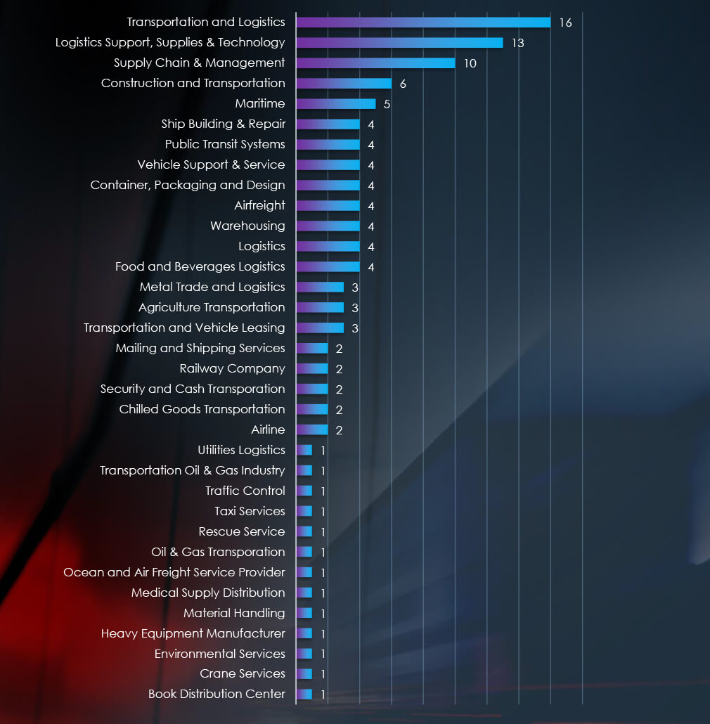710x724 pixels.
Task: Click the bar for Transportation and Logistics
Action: tap(422, 22)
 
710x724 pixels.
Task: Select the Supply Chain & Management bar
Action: tap(375, 63)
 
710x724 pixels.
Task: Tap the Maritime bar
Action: tap(335, 104)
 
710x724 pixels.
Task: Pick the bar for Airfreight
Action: tap(328, 206)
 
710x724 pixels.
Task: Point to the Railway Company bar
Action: tap(312, 369)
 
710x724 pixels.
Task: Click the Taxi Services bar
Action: tap(304, 512)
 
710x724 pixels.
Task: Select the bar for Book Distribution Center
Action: tap(304, 694)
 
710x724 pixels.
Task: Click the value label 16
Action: tap(565, 23)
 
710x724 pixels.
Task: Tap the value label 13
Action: tap(517, 44)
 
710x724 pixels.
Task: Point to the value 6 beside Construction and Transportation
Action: tap(403, 84)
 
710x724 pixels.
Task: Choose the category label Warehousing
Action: tap(247, 226)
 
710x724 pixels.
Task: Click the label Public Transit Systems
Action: tap(225, 145)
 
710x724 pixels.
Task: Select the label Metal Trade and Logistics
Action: tap(212, 287)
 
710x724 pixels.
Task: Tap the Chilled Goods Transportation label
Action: tap(202, 410)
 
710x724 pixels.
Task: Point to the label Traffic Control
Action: tap(245, 491)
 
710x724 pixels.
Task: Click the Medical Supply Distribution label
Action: tap(208, 593)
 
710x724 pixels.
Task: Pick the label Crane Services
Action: tap(242, 674)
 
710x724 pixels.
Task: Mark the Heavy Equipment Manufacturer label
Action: tap(193, 634)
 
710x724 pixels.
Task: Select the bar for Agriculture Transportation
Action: tap(320, 308)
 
